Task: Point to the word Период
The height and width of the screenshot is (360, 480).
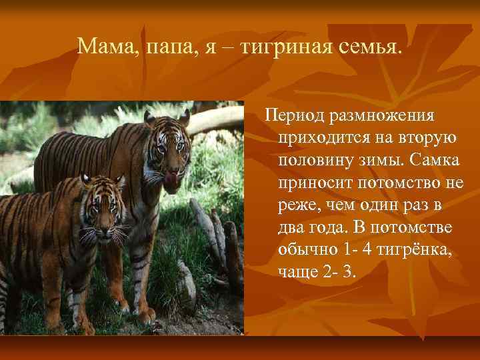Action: point(290,116)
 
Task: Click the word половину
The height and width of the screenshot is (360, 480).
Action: point(314,161)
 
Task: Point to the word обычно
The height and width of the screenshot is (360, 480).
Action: point(308,250)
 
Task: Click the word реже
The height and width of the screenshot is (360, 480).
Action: point(297,205)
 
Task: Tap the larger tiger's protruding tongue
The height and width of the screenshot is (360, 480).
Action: point(173,179)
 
